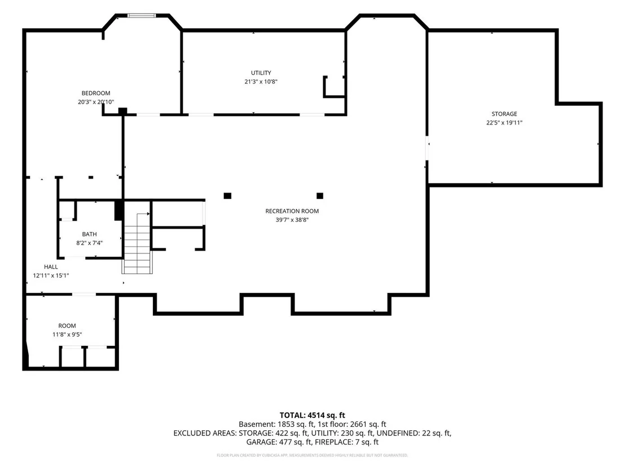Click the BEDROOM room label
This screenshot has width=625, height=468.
96,93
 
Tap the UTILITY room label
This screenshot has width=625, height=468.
261,73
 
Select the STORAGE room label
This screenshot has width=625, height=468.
504,114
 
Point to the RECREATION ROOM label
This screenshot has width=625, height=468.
292,211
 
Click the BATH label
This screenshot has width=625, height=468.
89,234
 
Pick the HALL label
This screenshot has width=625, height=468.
51,266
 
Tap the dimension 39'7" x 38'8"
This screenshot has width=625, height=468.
292,220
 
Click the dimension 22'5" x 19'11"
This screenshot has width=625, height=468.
504,123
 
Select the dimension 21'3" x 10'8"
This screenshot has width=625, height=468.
261,82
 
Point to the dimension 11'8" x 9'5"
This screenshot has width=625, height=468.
67,335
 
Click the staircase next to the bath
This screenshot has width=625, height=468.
137,243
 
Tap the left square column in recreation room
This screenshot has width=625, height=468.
227,196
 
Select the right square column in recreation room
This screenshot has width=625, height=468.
320,196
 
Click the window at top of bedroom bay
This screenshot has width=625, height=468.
142,16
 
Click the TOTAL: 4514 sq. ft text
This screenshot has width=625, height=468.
312,416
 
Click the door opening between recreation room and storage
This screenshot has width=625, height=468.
428,148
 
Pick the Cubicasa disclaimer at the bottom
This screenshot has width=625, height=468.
312,455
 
